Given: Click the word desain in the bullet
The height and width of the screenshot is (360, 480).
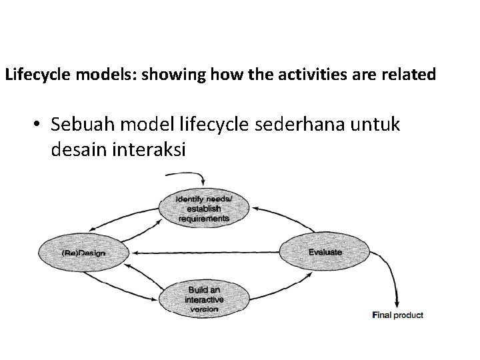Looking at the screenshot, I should pos(77,150).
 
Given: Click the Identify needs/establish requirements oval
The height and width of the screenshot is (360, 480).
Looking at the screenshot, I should pos(204,207).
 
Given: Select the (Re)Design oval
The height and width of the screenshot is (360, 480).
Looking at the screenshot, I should pos(84,252).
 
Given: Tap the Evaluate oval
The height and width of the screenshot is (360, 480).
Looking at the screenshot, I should pos(325,251).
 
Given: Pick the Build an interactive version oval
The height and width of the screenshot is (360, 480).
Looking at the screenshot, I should pos(204,299).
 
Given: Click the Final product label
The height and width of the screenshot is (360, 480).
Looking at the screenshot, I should pos(397,315).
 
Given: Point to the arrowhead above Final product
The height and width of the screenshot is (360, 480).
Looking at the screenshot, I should pos(397,302).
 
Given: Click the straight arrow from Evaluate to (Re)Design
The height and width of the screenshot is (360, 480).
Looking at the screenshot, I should pos(207,252).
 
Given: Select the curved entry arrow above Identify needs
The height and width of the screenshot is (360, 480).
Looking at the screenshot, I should pos(190,175).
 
